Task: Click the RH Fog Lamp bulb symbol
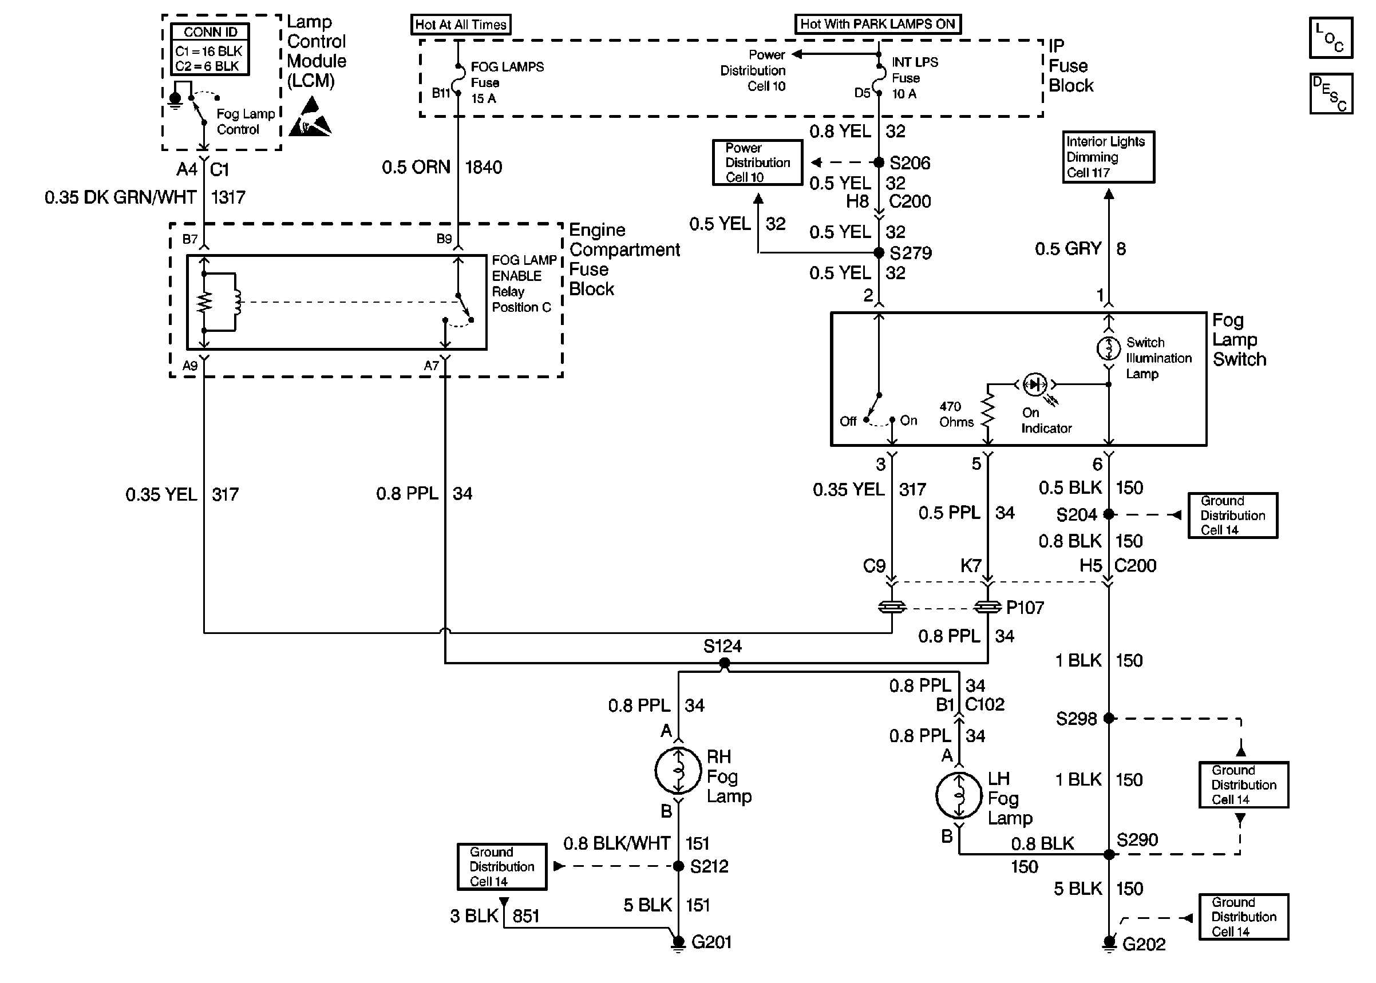(678, 771)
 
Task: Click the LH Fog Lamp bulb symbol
(959, 795)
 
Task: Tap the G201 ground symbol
(678, 943)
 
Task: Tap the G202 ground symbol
(1109, 944)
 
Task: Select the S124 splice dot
(724, 663)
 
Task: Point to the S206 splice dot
(879, 162)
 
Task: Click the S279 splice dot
(879, 252)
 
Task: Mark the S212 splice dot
(678, 866)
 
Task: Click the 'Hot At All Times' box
(461, 25)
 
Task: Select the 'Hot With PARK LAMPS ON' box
(878, 24)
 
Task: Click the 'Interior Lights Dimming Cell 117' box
(1109, 157)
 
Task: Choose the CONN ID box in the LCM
(210, 49)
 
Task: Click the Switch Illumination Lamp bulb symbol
(1109, 348)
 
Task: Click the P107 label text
(1025, 607)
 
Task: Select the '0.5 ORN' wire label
(416, 167)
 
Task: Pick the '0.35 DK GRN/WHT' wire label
(120, 197)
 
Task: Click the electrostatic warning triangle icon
(310, 117)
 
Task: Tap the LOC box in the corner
(1331, 38)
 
